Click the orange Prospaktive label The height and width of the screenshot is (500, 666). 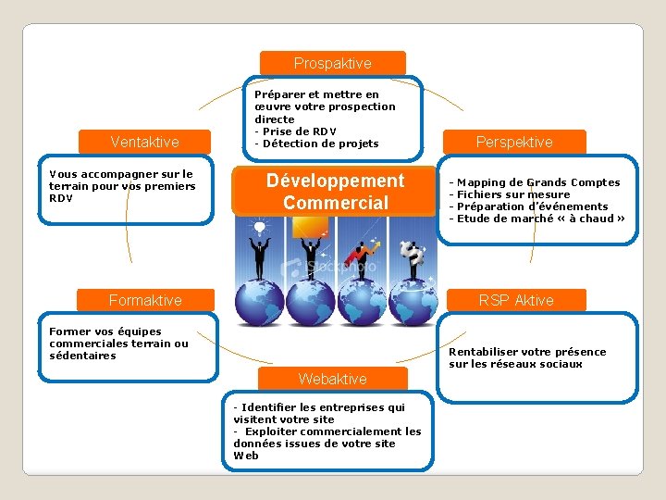pos(332,63)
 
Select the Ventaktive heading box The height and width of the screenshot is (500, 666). pos(144,142)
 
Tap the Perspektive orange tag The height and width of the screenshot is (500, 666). pos(513,142)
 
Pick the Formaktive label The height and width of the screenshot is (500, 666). pos(145,300)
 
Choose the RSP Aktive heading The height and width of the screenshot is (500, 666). pos(515,300)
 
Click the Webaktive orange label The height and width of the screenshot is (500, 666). pos(332,379)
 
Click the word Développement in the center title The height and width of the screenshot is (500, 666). pos(335,181)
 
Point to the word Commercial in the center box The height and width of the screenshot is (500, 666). pos(335,203)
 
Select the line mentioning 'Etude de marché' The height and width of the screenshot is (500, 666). pos(536,219)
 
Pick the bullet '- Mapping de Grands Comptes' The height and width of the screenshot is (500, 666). pos(534,182)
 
